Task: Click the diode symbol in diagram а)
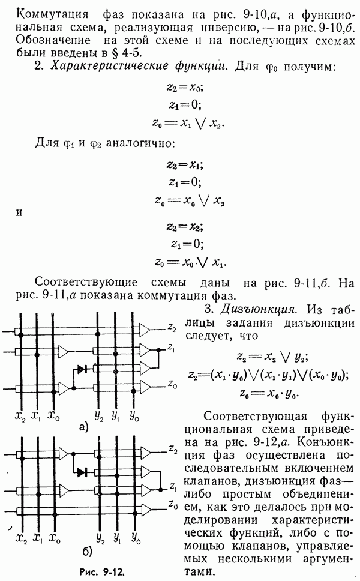[82, 369]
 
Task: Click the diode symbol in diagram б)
[82, 472]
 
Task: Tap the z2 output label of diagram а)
[172, 327]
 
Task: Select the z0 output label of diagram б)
[173, 504]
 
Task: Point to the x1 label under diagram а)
[36, 417]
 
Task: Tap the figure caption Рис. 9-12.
[102, 571]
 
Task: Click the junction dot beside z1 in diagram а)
[159, 350]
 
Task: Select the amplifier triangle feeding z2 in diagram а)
[145, 329]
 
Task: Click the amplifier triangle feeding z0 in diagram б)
[146, 509]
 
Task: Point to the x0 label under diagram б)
[55, 538]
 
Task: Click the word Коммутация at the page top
[53, 15]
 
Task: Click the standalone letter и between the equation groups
[19, 214]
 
